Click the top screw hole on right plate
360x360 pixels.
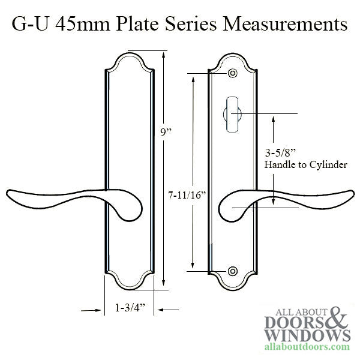point(232,74)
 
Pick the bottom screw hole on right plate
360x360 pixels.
point(232,272)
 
